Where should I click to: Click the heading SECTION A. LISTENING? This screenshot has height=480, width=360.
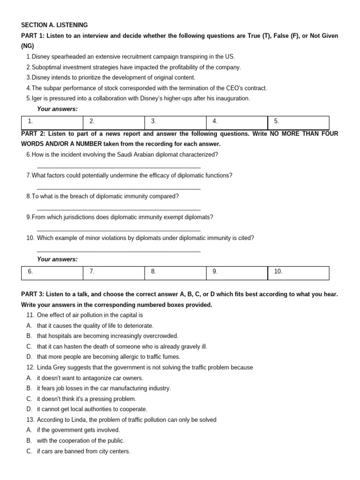[54, 25]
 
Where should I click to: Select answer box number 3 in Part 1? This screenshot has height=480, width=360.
[175, 121]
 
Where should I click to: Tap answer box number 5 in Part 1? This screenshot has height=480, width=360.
[298, 121]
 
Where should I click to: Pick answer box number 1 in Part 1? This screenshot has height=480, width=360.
[52, 121]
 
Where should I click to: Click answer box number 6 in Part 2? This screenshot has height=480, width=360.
[52, 272]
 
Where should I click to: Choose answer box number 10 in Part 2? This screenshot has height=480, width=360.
[298, 272]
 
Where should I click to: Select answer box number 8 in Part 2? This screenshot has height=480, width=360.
[175, 272]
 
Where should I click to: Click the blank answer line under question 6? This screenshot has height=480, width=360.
[118, 167]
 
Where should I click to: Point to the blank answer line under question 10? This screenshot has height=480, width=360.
[118, 251]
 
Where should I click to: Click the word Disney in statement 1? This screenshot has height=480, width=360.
[41, 57]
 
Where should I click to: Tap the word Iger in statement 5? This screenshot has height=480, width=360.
[37, 98]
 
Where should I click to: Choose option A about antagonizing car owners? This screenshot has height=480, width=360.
[90, 378]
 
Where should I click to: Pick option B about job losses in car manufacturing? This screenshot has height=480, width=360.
[104, 388]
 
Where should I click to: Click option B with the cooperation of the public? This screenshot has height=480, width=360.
[81, 441]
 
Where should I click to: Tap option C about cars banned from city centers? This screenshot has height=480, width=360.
[83, 451]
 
